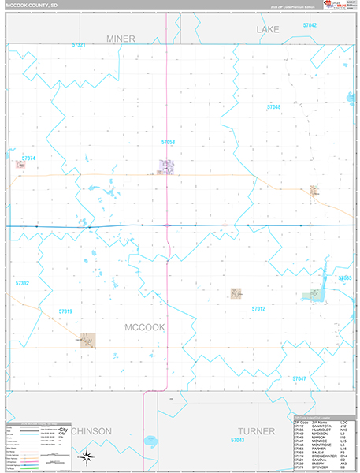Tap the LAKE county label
[x=268, y=29]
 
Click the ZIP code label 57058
[x=168, y=142]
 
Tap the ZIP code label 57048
[x=273, y=106]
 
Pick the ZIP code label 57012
[x=258, y=309]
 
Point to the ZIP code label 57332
[x=22, y=282]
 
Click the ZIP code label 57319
[x=65, y=311]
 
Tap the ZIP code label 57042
[x=310, y=26]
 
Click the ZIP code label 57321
[x=78, y=45]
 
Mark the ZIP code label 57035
[x=344, y=278]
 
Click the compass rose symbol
[x=89, y=456]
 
